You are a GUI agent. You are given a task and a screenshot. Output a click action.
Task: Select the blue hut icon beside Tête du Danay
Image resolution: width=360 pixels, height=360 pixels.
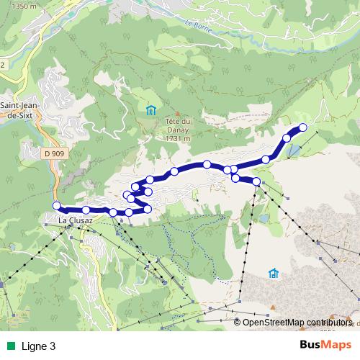(150, 110)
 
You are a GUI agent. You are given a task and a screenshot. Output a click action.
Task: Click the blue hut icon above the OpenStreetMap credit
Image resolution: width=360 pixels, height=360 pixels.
(274, 274)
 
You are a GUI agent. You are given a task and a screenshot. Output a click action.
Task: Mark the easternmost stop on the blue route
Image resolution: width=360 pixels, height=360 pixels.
(302, 127)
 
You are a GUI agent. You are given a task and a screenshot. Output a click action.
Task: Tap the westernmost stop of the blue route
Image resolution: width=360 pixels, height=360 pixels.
(57, 206)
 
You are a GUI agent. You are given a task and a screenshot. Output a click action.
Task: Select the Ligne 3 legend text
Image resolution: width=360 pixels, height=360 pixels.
(39, 346)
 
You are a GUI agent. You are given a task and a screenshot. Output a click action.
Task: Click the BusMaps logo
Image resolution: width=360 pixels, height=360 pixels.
(325, 345)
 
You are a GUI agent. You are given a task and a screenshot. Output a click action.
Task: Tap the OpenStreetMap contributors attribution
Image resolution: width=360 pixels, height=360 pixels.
(297, 323)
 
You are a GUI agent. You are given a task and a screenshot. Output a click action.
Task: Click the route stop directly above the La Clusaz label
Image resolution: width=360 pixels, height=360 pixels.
(86, 210)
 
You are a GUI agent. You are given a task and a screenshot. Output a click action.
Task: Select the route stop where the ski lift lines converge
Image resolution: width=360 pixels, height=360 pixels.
(256, 181)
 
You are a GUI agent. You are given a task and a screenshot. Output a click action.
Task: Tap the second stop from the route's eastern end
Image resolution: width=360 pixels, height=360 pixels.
(287, 138)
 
